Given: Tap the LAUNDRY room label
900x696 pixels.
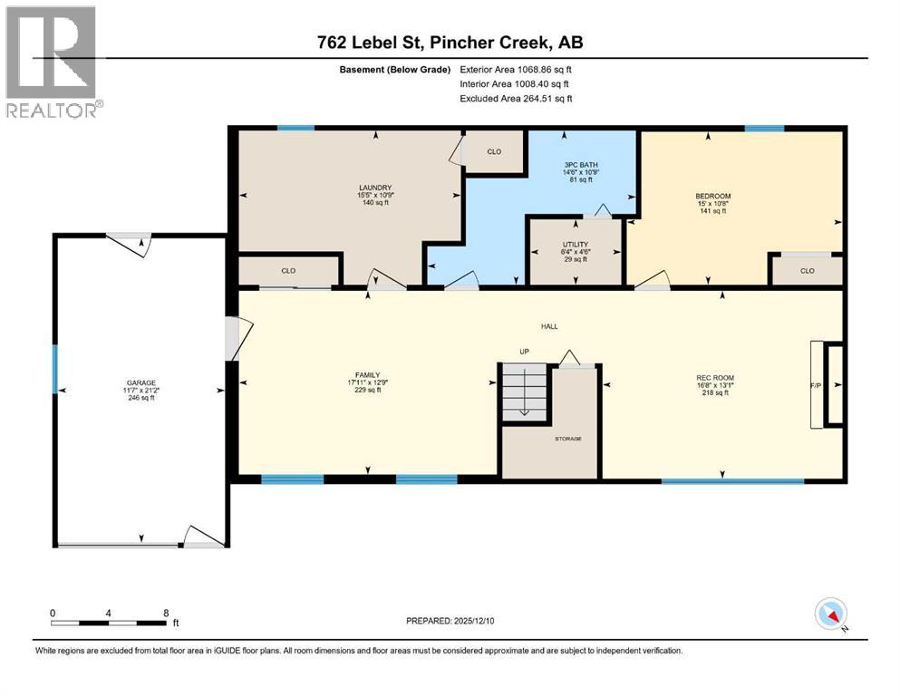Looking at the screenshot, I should click(x=374, y=188).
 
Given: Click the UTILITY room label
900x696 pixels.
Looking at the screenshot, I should click(x=576, y=244).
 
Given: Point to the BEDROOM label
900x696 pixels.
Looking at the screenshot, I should click(x=712, y=196).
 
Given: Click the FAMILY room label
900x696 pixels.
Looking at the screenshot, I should click(x=367, y=374).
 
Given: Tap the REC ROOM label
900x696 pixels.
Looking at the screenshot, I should click(x=715, y=377).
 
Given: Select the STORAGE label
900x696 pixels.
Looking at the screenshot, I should click(x=569, y=439).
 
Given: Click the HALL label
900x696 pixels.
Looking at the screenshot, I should click(x=549, y=326).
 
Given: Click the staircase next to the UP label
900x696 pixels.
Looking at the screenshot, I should click(x=525, y=390).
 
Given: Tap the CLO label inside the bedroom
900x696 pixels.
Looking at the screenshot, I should click(x=807, y=270).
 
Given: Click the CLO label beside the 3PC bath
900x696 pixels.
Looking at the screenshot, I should click(x=494, y=151).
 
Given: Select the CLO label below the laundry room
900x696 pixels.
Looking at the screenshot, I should click(x=288, y=270).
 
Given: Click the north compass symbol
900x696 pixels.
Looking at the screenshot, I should click(x=831, y=614).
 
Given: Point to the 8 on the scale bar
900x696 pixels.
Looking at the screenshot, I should click(x=165, y=613).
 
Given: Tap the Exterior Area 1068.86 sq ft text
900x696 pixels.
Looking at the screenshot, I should click(x=516, y=69).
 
